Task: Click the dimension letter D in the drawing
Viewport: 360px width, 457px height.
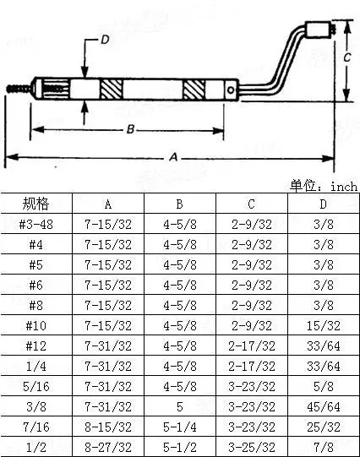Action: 105,40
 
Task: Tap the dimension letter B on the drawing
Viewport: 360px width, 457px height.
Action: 130,129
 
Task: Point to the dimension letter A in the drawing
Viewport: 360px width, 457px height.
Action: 173,157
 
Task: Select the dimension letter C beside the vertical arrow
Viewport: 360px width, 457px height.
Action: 346,57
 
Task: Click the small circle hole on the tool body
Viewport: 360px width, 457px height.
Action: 231,90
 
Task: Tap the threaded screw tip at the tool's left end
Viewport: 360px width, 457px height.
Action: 18,89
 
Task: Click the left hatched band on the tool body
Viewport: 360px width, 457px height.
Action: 111,90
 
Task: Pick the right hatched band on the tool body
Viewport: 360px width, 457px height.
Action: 194,90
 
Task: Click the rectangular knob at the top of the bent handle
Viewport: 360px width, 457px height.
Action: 318,29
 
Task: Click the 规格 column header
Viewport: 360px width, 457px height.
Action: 35,204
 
